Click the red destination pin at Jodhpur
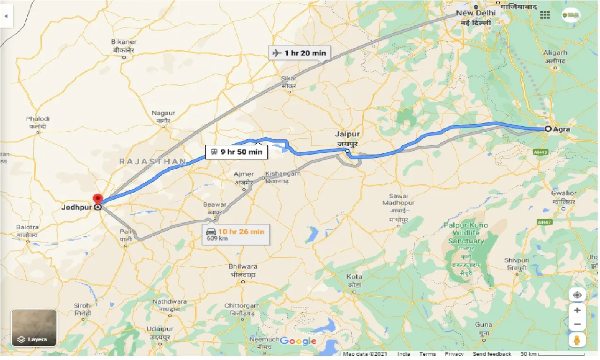97,199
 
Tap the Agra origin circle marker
547,128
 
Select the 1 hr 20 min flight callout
300,53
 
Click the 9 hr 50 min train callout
236,152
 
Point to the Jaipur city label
347,134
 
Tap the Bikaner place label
124,42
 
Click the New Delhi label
475,13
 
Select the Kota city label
354,277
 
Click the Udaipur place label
157,329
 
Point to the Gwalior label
564,193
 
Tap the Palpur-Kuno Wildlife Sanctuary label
465,233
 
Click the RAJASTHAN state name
152,161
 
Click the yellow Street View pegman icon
577,340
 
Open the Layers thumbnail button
34,327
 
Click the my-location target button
577,295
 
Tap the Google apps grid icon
545,15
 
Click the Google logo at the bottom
298,341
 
